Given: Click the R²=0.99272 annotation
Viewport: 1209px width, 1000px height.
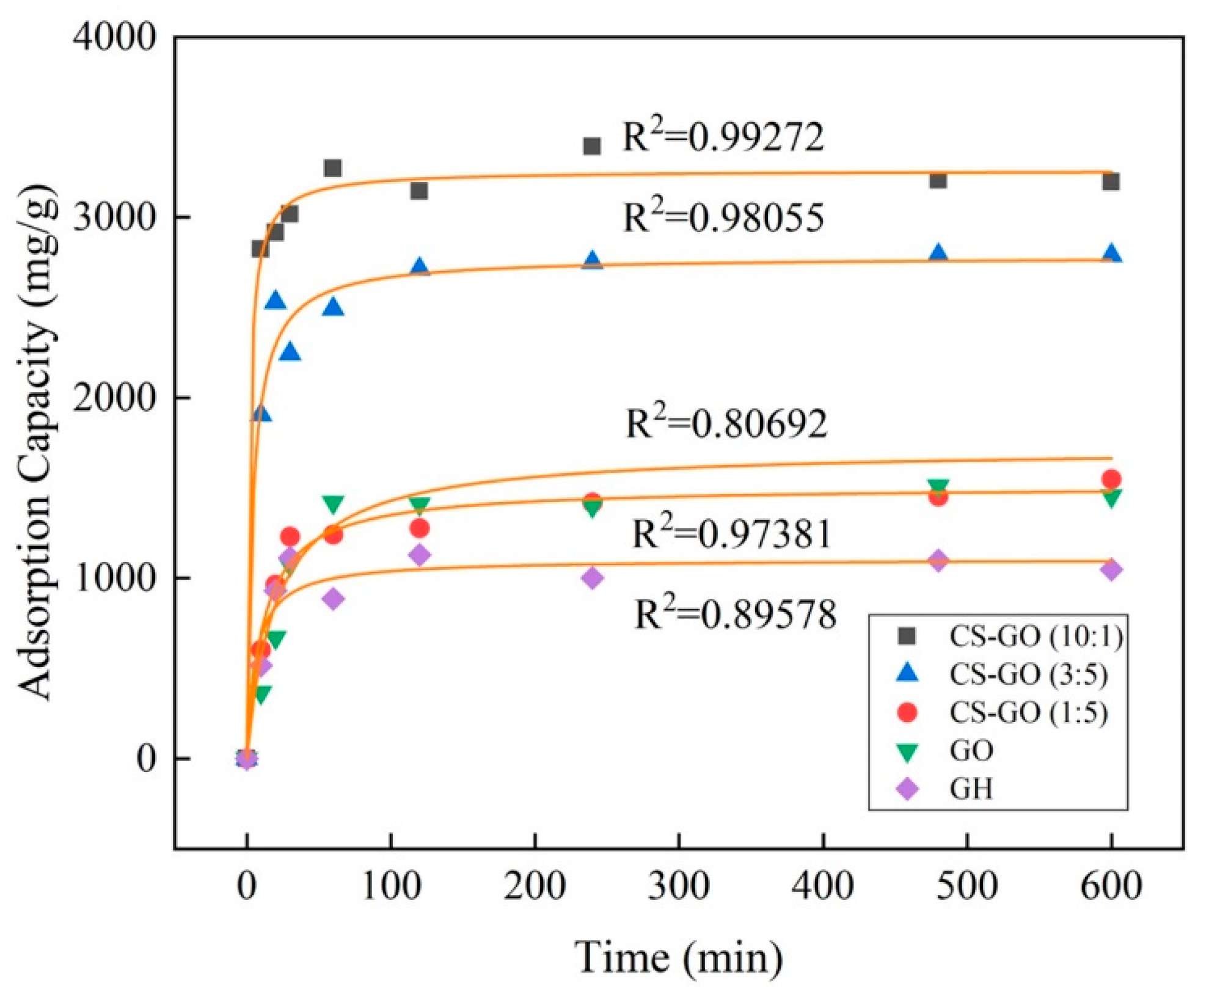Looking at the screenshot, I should coord(723,136).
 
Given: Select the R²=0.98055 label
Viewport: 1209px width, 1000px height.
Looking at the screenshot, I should coord(723,217).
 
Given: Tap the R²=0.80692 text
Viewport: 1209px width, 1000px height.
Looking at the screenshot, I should coord(726,423).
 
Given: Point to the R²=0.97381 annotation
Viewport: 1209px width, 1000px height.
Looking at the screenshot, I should coord(731,534).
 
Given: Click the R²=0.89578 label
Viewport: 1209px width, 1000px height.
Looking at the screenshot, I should coord(735,614).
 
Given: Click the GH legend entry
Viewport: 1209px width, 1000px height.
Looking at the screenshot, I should coord(971,789).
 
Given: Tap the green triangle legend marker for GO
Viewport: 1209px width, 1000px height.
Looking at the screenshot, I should coord(908,751).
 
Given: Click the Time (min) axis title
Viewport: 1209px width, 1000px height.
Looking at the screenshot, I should coord(679,958).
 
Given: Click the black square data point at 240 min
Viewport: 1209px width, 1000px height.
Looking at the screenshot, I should coord(592,146).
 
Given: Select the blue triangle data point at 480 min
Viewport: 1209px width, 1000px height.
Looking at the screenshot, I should coord(938,253).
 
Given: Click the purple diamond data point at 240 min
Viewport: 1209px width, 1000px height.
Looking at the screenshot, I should coord(592,578).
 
